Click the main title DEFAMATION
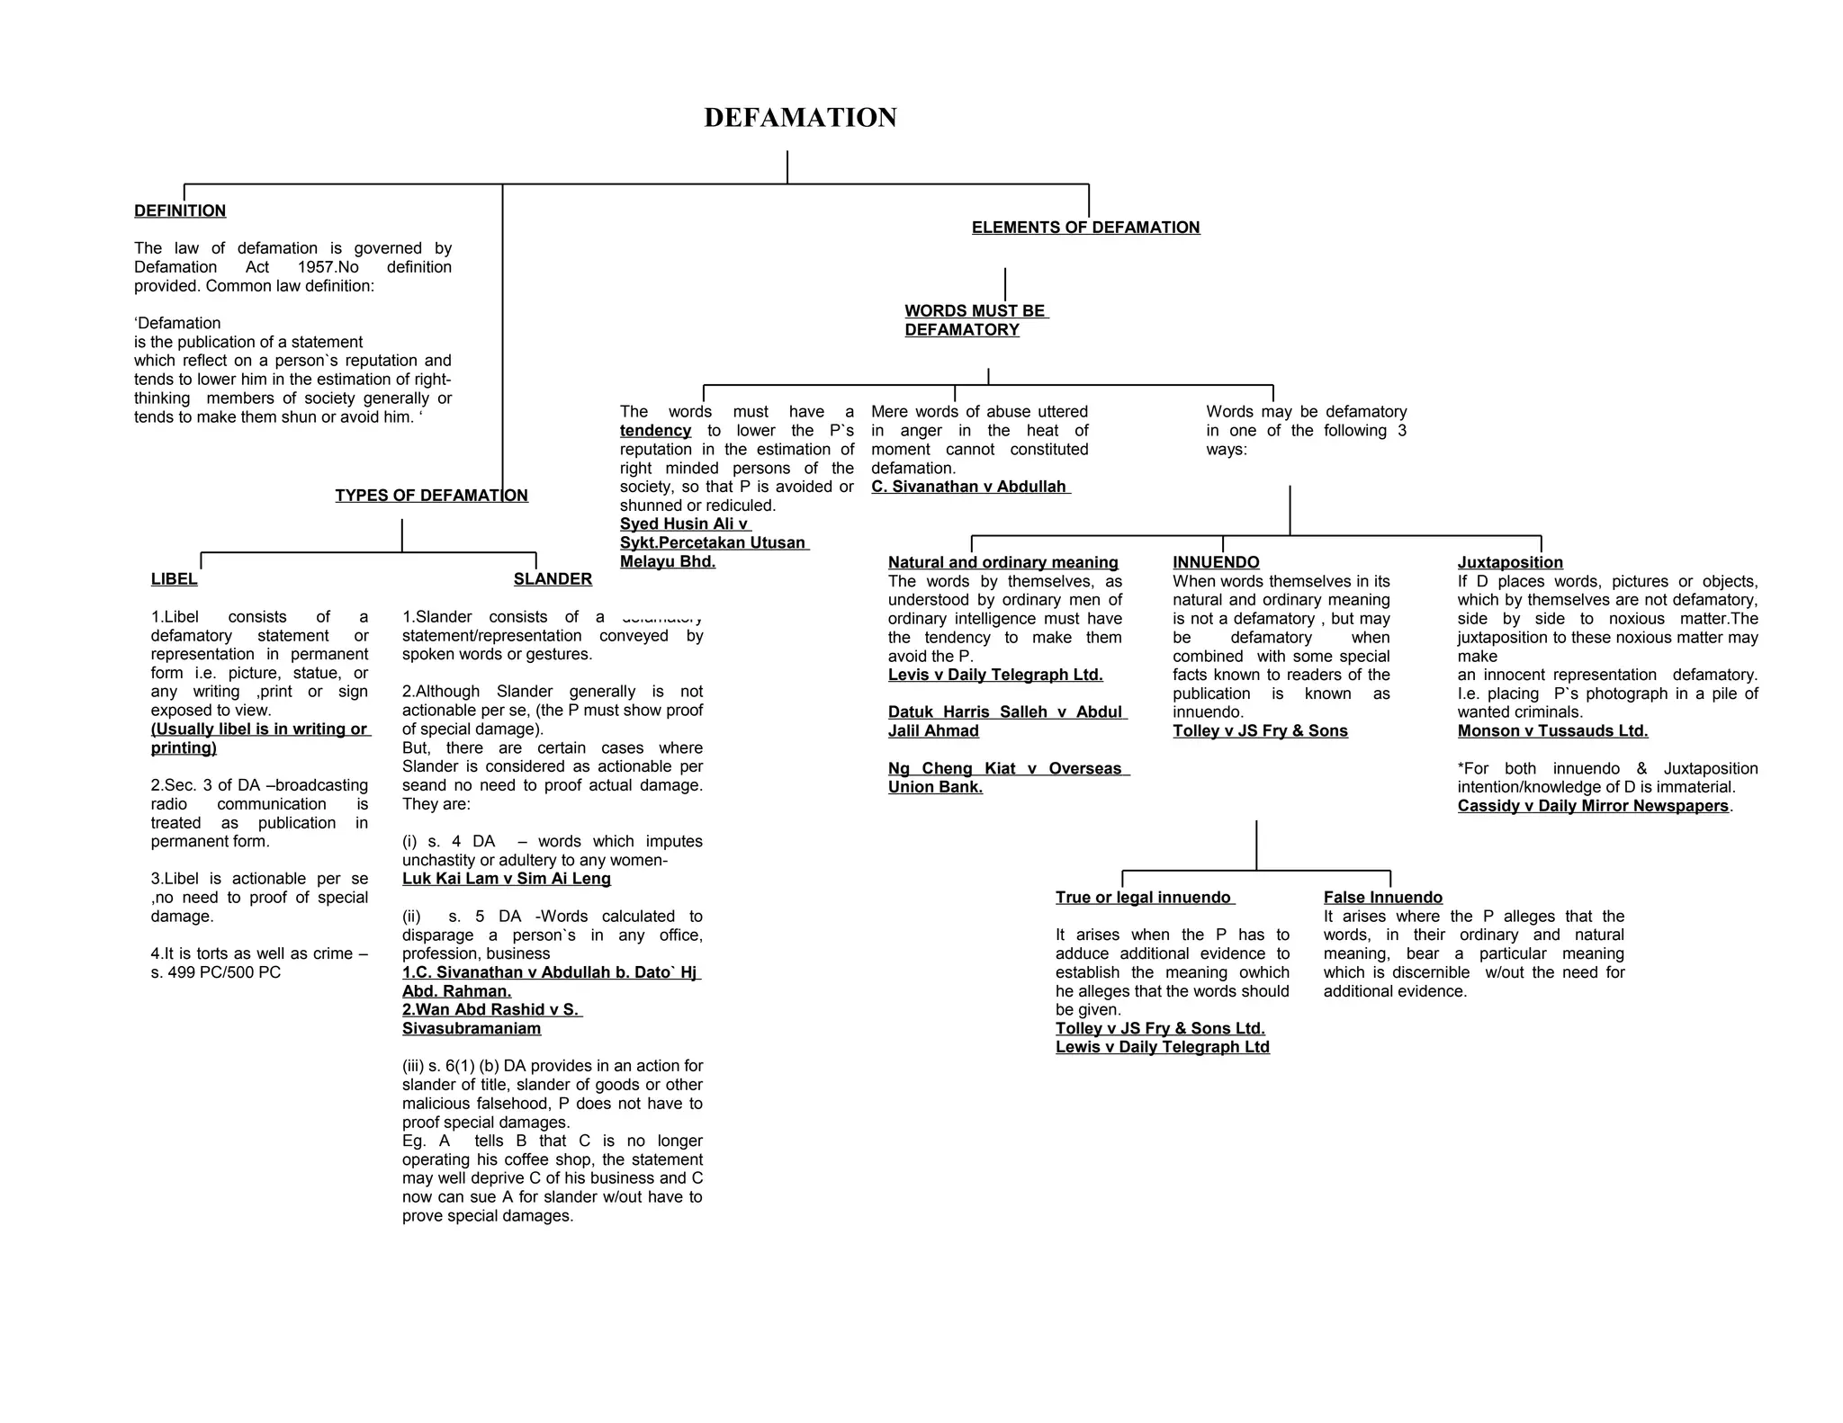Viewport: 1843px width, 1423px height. (800, 118)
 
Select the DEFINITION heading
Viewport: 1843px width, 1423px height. (180, 211)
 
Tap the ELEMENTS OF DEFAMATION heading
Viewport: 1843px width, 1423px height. (1085, 228)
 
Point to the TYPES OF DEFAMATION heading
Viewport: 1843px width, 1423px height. (431, 496)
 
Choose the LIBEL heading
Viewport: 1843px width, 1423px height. (174, 579)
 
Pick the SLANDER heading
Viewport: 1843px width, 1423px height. (553, 579)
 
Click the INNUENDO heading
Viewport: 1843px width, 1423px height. (1216, 562)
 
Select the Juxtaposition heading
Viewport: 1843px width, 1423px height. (1510, 562)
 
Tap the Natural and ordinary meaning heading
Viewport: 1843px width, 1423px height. (1002, 562)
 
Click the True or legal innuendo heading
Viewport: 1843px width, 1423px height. (1143, 898)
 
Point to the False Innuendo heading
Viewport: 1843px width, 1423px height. (1382, 898)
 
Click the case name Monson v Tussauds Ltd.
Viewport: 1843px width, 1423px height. (1552, 731)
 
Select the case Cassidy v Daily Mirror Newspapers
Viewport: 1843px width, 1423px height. (1593, 806)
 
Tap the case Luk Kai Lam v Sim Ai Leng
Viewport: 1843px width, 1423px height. (506, 879)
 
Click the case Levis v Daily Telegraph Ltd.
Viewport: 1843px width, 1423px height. (994, 675)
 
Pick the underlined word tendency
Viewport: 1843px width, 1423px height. (655, 431)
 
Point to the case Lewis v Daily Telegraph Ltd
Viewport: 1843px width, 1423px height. (1162, 1047)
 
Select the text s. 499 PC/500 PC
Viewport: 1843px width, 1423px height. (216, 972)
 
